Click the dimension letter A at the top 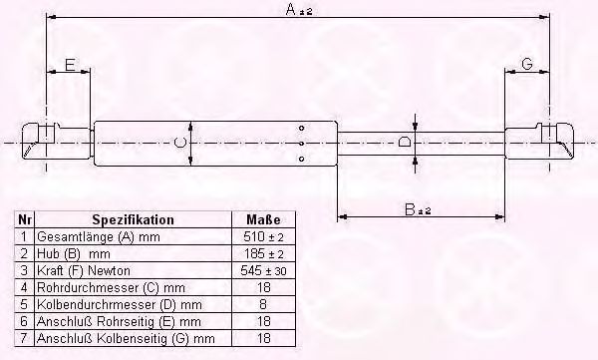point(291,10)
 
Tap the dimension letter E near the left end point(70,65)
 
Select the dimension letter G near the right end point(526,64)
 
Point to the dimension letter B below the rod point(410,209)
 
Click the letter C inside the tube point(180,144)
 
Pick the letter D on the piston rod point(405,143)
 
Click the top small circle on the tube point(301,129)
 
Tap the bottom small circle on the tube point(301,159)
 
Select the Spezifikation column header point(134,220)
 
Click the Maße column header point(263,219)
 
